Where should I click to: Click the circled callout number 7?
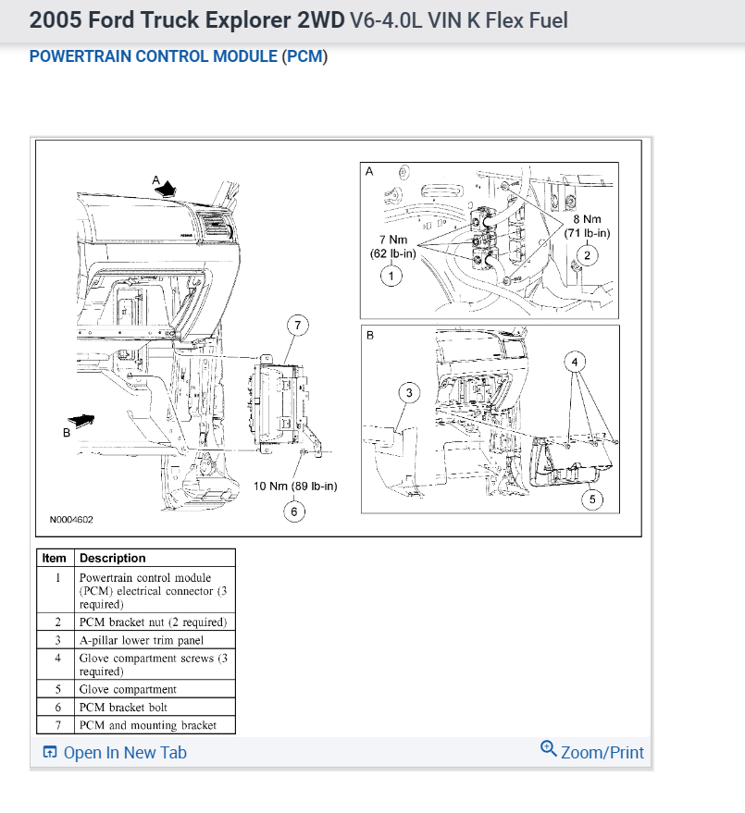coord(297,325)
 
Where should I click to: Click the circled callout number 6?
coord(294,511)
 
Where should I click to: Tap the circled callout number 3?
coord(409,393)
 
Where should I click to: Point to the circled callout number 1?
coord(391,276)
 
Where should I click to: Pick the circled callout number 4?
coord(575,362)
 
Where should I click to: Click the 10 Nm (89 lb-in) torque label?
coord(295,486)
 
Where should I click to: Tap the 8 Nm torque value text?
coord(587,219)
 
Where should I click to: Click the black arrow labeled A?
coord(167,188)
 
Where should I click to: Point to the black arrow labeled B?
coord(81,421)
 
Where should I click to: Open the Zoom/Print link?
coord(592,752)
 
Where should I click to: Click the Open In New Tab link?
coord(115,753)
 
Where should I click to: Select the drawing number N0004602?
coord(71,520)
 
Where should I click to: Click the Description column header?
coord(113,558)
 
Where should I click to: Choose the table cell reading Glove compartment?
coord(128,689)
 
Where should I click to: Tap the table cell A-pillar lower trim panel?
coord(141,639)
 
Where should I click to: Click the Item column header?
coord(55,558)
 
